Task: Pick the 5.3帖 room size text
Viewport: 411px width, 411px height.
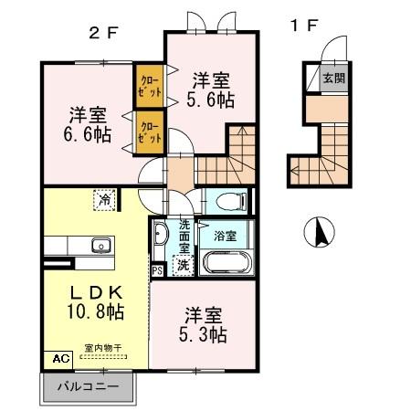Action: [x=202, y=335]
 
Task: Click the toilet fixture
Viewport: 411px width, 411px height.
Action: [x=229, y=200]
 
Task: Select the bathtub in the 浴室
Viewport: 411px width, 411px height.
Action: [x=227, y=262]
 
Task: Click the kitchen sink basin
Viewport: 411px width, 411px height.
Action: [x=100, y=244]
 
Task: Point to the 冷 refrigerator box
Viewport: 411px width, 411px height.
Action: [x=105, y=197]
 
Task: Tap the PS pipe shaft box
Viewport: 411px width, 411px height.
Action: [x=157, y=270]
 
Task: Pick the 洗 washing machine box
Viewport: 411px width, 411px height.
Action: [x=183, y=266]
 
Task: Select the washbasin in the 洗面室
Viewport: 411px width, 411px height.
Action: [x=161, y=235]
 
